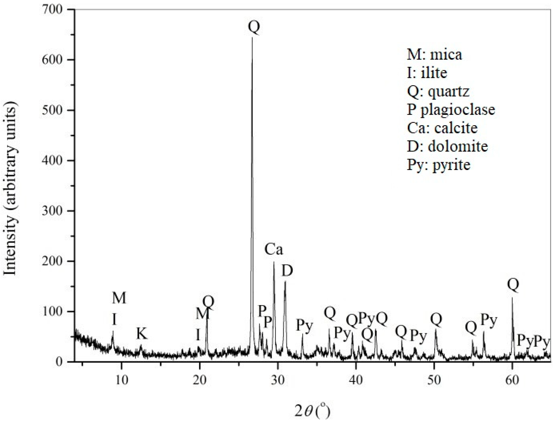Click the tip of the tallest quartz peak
[252, 38]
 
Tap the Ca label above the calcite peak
[274, 249]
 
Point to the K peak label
[142, 334]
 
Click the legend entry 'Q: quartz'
[438, 91]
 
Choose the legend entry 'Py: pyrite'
[438, 165]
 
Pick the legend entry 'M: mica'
[434, 55]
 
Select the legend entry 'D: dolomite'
[447, 146]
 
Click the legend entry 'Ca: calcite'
[442, 128]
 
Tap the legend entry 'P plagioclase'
[451, 110]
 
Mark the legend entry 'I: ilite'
[427, 73]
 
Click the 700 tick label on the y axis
[52, 10]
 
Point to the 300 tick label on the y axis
[52, 211]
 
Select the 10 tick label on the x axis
[122, 380]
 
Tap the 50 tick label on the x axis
[434, 380]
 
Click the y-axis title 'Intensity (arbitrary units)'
[10, 191]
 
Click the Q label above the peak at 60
[513, 284]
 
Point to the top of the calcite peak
[274, 262]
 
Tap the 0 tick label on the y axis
[60, 362]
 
